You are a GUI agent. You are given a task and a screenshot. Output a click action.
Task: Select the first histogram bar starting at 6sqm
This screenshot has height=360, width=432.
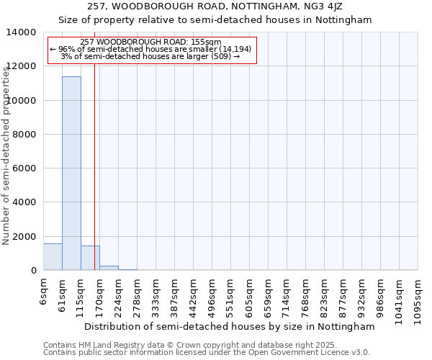pyautogui.click(x=53, y=257)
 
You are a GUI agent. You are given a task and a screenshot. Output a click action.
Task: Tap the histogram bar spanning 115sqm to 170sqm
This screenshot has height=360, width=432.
pyautogui.click(x=90, y=258)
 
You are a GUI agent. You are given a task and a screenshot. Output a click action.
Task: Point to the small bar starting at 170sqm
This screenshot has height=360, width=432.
pyautogui.click(x=109, y=268)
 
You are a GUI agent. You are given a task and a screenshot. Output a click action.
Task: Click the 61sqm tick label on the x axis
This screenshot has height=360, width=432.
pyautogui.click(x=63, y=296)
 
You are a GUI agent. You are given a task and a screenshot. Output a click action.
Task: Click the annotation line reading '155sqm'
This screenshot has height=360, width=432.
pyautogui.click(x=151, y=42)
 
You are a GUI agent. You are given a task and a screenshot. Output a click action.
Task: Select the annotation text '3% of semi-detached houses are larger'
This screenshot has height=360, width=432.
pyautogui.click(x=151, y=56)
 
